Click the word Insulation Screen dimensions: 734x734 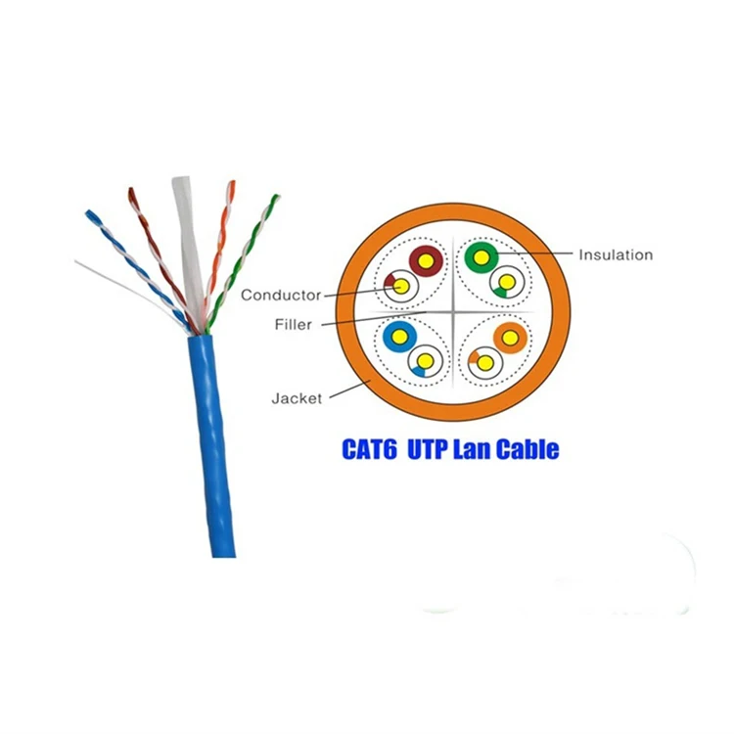615,255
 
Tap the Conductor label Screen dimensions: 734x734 281,295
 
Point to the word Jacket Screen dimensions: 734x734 296,398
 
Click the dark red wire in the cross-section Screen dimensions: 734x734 426,260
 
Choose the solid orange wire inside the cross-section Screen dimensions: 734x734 509,338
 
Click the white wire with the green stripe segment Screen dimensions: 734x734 506,284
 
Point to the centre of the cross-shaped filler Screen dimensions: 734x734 452,312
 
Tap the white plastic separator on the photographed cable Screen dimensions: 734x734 188,235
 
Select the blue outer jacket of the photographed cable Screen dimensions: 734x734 210,450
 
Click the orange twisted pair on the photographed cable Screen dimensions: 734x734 222,245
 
